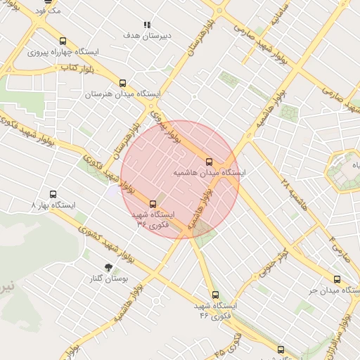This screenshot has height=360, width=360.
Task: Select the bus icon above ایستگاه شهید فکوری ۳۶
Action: pyautogui.click(x=153, y=205)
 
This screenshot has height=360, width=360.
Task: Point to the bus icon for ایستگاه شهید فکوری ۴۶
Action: pyautogui.click(x=214, y=295)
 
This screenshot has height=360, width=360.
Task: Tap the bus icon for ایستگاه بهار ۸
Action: pyautogui.click(x=53, y=194)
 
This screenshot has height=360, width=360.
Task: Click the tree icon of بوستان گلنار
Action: pyautogui.click(x=108, y=267)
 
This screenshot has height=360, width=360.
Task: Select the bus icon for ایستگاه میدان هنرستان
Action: pyautogui.click(x=123, y=83)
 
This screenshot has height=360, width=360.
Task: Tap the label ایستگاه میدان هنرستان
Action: pyautogui.click(x=123, y=94)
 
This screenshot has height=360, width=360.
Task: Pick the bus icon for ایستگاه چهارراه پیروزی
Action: pyautogui.click(x=63, y=41)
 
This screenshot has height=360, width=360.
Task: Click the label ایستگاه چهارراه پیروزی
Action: pyautogui.click(x=63, y=52)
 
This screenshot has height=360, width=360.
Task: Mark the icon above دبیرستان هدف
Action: pyautogui.click(x=147, y=25)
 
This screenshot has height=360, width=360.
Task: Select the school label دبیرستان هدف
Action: pyautogui.click(x=147, y=34)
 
